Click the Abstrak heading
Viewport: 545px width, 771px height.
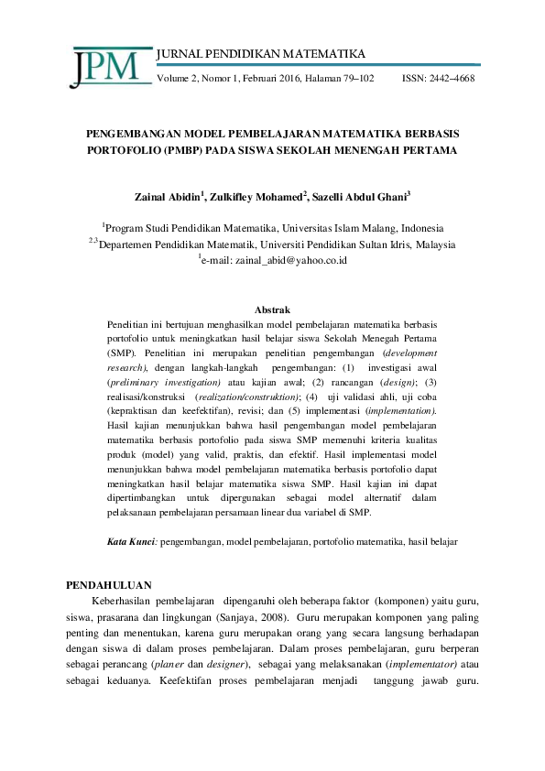(272, 311)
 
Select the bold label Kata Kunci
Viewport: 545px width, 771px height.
(132, 543)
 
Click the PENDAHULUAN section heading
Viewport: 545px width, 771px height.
(111, 584)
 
